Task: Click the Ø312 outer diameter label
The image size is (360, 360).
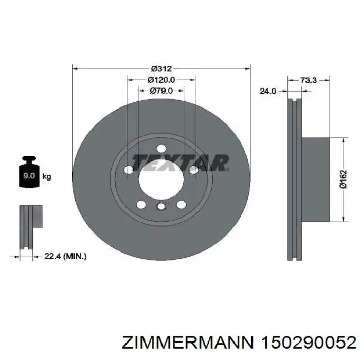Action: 161,68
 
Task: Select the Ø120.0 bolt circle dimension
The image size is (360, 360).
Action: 161,80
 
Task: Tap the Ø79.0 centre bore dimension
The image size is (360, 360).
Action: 161,91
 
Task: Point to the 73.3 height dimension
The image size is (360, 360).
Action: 309,80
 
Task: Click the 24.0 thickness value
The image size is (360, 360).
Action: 268,91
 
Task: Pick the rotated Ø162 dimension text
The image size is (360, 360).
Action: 344,179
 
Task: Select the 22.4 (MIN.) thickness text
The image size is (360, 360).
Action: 65,256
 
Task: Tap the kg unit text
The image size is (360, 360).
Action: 47,177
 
